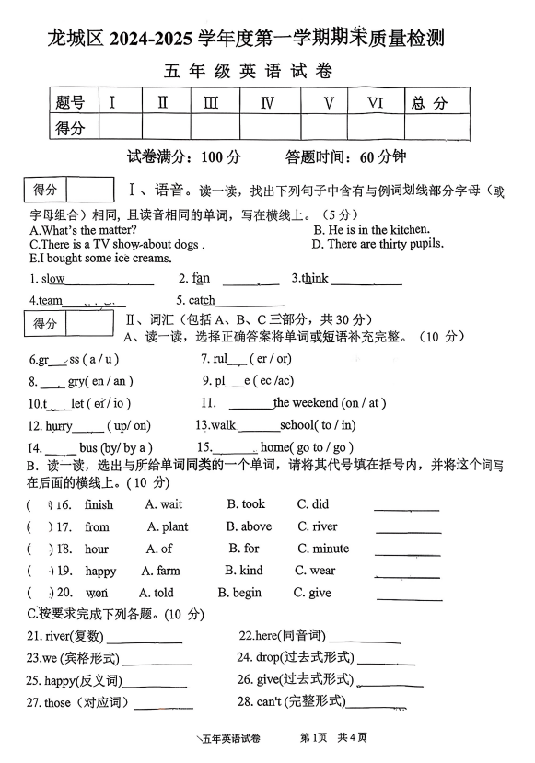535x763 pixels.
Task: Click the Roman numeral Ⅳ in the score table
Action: (268, 102)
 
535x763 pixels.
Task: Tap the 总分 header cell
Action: (430, 102)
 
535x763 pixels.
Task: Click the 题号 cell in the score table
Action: (70, 102)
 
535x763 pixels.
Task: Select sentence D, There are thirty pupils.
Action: (378, 244)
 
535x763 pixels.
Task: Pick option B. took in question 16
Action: (246, 504)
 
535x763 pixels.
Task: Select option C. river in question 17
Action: (317, 526)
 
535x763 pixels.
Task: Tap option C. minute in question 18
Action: (322, 549)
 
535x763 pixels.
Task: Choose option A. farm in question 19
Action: (161, 571)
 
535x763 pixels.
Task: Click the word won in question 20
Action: (96, 594)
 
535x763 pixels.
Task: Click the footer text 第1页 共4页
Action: (333, 737)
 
